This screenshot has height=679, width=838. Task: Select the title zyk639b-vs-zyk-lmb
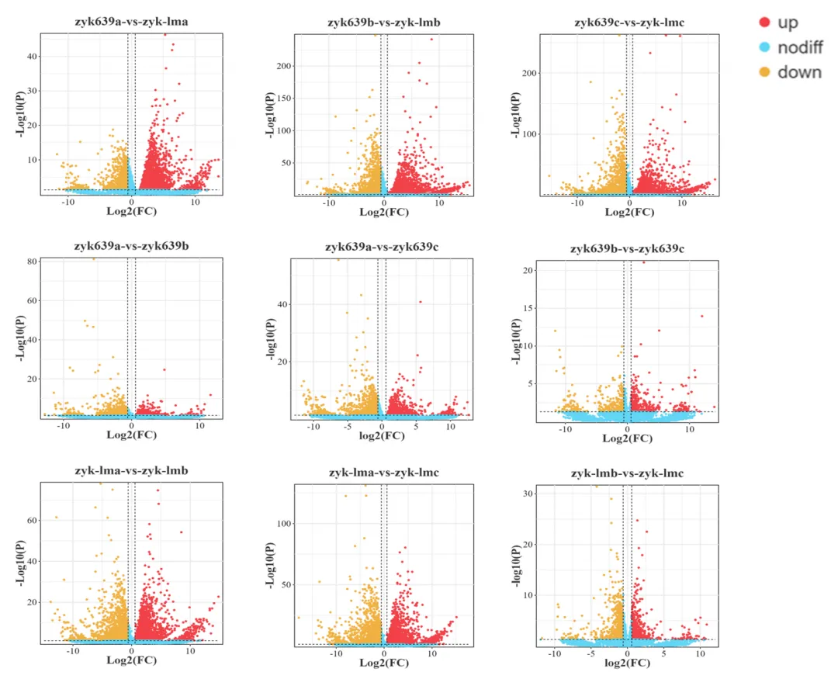click(x=383, y=23)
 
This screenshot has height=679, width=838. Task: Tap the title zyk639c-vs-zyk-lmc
click(x=629, y=23)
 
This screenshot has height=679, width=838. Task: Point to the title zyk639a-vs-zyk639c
click(x=383, y=247)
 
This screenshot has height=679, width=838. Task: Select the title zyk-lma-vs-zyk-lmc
click(x=383, y=472)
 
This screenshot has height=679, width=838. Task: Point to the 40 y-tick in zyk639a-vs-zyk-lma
click(x=33, y=57)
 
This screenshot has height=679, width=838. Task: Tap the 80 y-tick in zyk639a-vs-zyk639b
click(x=33, y=262)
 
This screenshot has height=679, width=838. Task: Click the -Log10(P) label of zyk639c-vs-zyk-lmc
click(x=515, y=115)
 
